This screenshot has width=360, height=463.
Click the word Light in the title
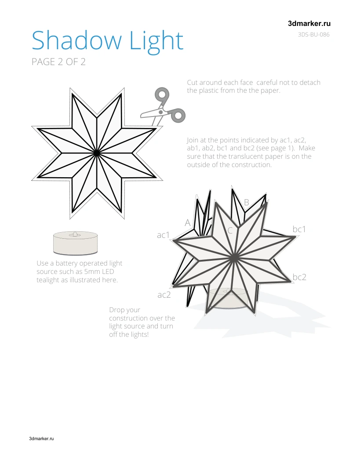coord(156,42)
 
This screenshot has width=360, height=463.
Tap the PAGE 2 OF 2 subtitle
coord(58,62)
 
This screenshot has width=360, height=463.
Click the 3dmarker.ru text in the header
coord(309,24)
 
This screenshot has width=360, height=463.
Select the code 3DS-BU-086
coord(313,34)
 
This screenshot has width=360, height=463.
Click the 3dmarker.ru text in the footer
coord(41,438)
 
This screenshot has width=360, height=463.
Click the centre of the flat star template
coord(97,153)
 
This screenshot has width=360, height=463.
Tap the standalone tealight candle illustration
coord(75,243)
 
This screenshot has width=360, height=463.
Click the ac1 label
coord(163,235)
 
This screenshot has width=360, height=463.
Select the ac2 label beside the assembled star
coord(164,295)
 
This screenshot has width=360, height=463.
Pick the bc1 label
coord(299,229)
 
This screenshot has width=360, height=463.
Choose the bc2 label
coord(299,277)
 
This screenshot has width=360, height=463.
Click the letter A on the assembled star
coord(188,222)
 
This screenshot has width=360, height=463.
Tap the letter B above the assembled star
coord(247,202)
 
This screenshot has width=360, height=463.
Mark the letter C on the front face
coord(230,231)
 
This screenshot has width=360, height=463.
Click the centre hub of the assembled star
coord(234,258)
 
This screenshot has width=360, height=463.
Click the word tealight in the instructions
coord(48,280)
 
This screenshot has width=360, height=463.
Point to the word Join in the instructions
coord(193,140)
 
